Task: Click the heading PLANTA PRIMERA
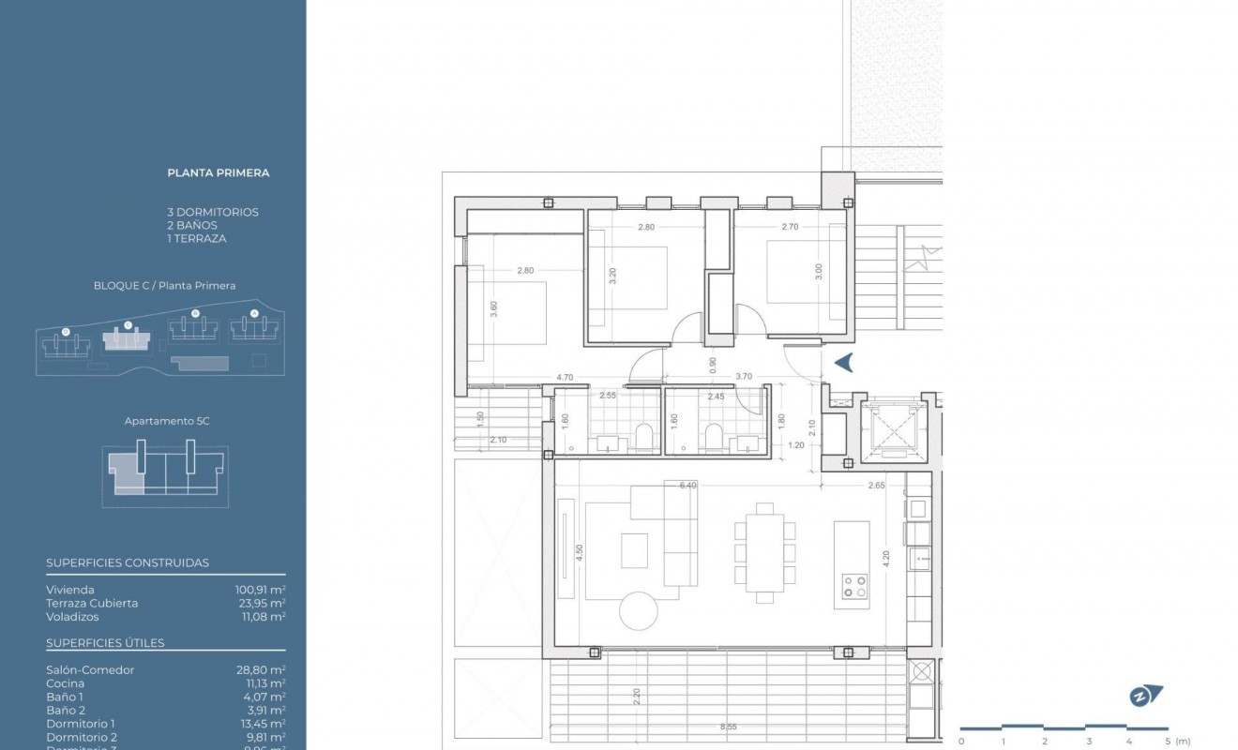point(218,172)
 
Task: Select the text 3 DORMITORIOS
point(212,212)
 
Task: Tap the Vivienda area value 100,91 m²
point(260,590)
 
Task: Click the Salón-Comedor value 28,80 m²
point(260,670)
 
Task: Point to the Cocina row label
point(65,683)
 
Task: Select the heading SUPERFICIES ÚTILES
point(105,643)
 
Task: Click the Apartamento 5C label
point(167,421)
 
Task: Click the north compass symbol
point(1145,696)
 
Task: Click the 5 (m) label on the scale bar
point(1176,741)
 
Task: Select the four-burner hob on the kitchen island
point(854,587)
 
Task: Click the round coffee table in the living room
point(639,610)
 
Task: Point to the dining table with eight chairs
point(765,553)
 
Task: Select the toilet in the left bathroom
point(643,436)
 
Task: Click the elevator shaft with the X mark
point(886,431)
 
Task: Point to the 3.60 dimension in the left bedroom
point(493,309)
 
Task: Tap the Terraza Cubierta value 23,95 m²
point(260,603)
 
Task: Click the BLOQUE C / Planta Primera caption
point(164,286)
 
